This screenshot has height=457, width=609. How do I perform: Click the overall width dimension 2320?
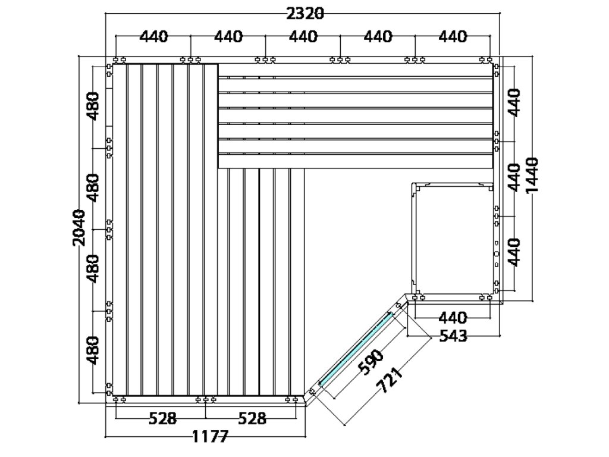[305, 14]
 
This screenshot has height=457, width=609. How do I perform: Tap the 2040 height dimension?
[79, 227]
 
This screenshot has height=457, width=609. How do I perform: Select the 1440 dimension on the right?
[531, 175]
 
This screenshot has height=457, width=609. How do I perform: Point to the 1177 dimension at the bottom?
[210, 437]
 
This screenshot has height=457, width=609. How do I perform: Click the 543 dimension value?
[453, 336]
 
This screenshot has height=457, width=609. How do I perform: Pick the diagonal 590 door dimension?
[371, 362]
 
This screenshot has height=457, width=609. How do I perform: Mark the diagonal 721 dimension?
[390, 380]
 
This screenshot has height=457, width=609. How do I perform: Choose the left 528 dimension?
[163, 418]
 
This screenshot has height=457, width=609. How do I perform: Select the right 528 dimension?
[252, 418]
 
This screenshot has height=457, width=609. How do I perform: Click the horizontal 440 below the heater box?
[453, 318]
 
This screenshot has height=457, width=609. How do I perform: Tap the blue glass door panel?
[356, 349]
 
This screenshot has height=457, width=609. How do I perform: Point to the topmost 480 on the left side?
[93, 106]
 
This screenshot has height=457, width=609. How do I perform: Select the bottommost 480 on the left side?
[93, 350]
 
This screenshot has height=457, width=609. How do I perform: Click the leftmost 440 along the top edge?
[154, 36]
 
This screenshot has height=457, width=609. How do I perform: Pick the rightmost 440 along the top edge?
[453, 36]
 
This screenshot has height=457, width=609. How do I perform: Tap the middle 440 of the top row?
[303, 36]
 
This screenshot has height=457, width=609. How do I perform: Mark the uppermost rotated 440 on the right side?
[514, 102]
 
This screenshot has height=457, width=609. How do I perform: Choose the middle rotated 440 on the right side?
[514, 177]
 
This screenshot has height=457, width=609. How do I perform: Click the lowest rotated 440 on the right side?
[514, 252]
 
